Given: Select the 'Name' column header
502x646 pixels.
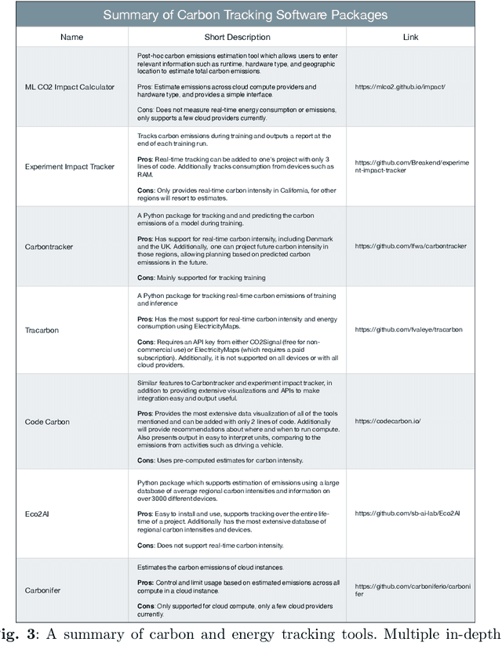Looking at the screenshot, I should tap(60, 37).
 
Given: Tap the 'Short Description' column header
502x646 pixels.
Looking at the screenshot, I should tap(237, 37).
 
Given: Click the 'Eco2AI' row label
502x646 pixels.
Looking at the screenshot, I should tap(39, 514).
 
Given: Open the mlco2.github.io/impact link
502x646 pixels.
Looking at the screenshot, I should tap(403, 86).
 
